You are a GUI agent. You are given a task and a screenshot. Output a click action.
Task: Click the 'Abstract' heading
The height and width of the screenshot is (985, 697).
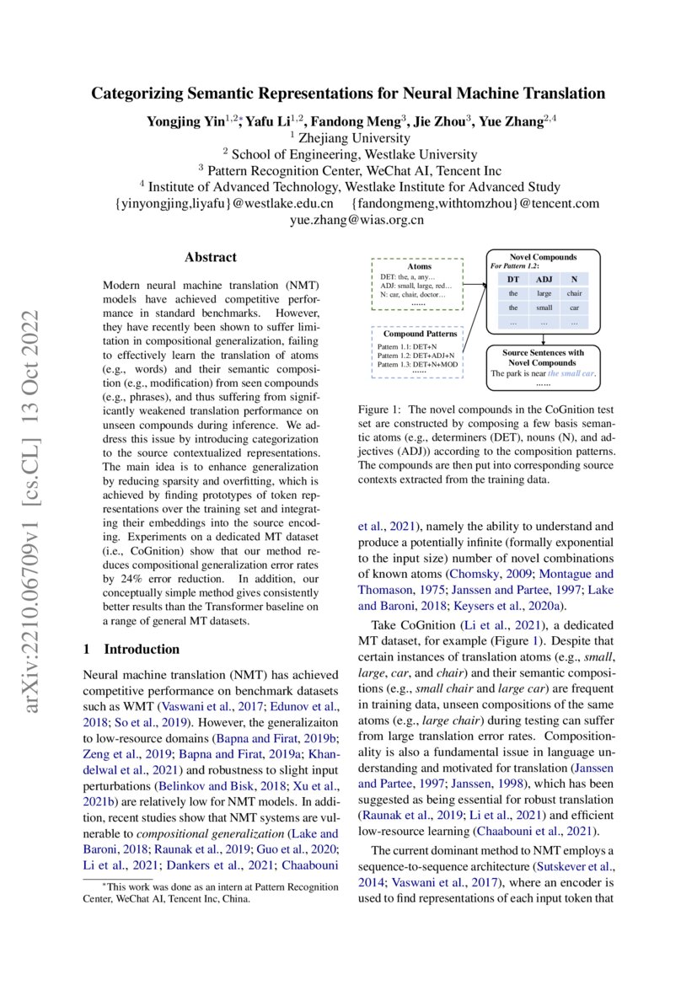(x=211, y=257)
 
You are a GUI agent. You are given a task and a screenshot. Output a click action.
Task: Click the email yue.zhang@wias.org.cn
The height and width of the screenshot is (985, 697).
(x=348, y=220)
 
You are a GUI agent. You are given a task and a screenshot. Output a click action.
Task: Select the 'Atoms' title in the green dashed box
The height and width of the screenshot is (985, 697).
(x=418, y=265)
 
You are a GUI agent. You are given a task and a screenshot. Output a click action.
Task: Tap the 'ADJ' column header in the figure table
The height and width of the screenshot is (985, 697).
(x=544, y=279)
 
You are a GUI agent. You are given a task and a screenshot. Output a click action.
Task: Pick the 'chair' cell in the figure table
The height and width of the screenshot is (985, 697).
(x=574, y=293)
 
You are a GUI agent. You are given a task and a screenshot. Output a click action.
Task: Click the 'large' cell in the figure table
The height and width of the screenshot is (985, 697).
(x=544, y=293)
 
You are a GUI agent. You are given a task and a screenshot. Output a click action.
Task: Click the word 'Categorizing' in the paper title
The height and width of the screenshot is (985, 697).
(x=140, y=94)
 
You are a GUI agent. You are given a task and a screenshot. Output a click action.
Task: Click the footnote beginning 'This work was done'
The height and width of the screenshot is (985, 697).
(x=211, y=892)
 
